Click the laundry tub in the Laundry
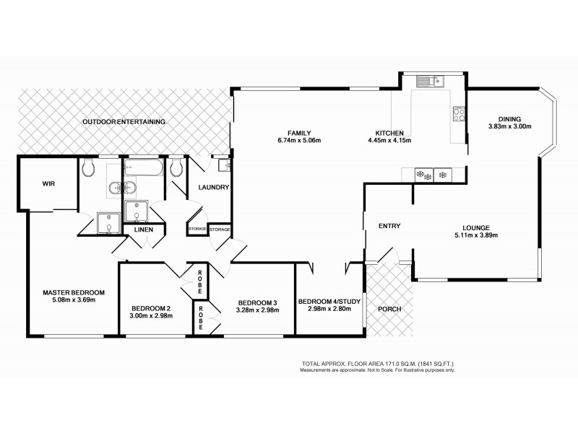pos(223,166)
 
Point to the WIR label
pos(48,183)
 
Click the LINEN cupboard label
pos(143,229)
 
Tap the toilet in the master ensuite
pos(88,170)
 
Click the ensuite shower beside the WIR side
pos(108,224)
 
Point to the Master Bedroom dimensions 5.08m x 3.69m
pos(73,300)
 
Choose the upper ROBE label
pos(203,277)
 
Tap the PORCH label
pos(389,309)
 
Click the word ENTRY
pos(389,226)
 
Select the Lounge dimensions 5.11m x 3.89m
pos(477,235)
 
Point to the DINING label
pos(509,119)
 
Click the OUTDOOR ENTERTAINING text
pos(124,122)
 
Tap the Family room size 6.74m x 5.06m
pos(299,141)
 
